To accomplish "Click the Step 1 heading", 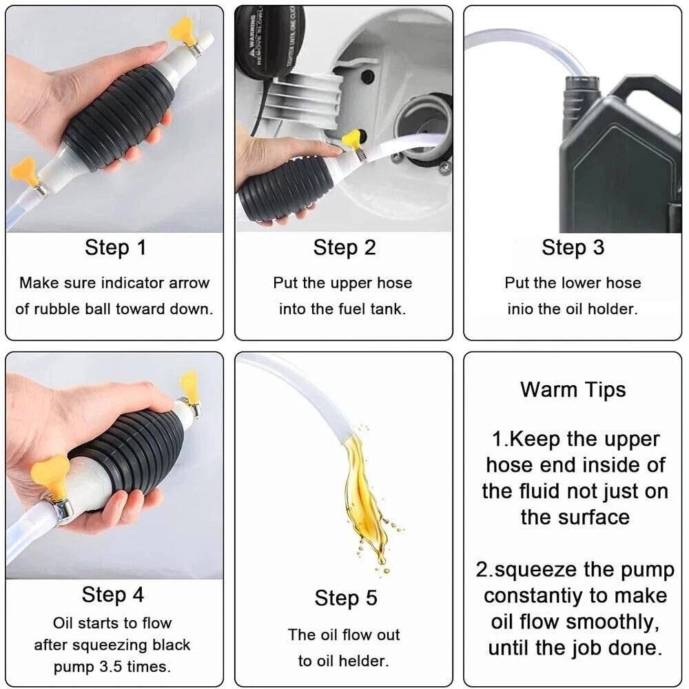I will coord(115,247).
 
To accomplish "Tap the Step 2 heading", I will coord(344,247).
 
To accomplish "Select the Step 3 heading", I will coord(573,247).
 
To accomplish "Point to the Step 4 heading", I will coord(113,594).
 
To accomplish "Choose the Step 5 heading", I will coord(346,598).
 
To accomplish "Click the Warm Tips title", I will coord(573,389).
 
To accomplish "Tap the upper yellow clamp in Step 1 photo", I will coord(183,31).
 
